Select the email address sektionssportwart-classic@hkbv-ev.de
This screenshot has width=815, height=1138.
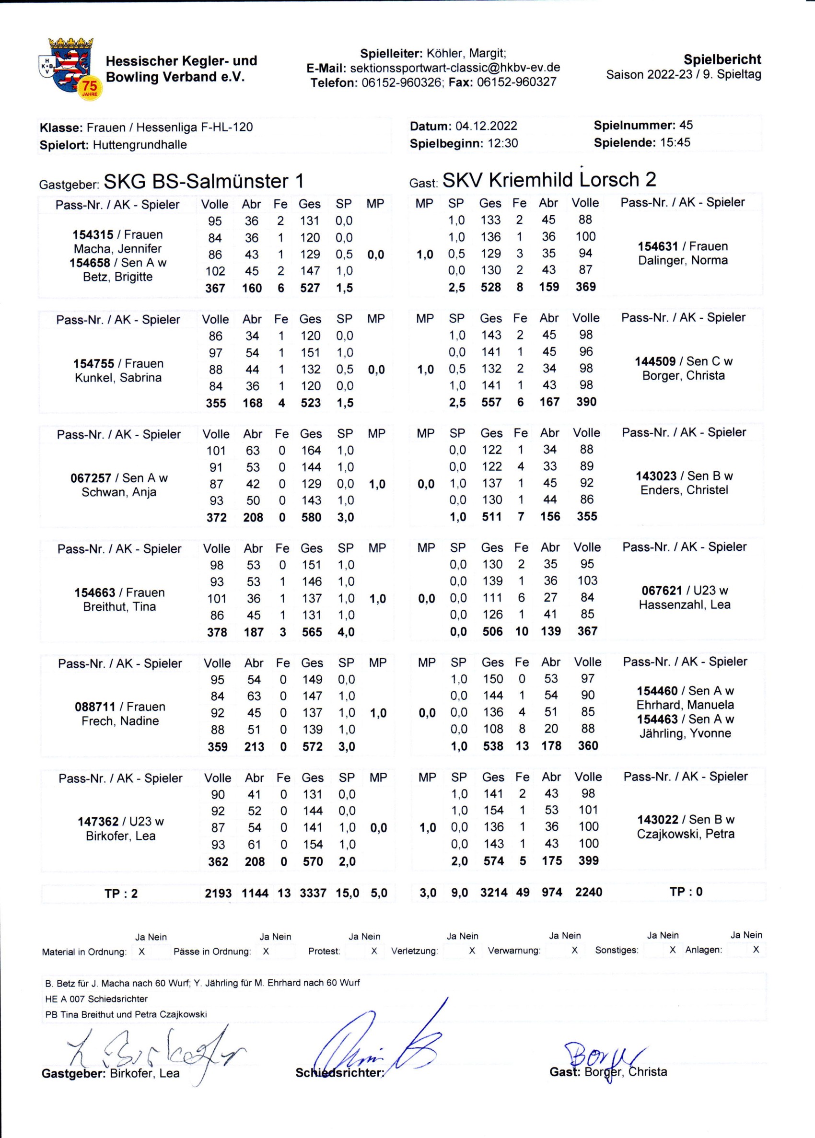[454, 68]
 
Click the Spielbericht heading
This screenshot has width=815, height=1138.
[722, 59]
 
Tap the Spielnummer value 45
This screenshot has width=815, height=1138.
[686, 125]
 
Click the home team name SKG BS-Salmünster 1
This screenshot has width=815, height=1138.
[203, 181]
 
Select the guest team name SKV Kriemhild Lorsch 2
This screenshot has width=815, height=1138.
[549, 180]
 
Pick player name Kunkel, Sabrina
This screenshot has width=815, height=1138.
[118, 377]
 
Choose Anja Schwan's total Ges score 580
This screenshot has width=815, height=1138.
[311, 517]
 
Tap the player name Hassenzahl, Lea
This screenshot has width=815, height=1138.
[685, 604]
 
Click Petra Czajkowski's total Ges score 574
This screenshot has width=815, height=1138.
[493, 861]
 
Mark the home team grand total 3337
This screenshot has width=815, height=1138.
[313, 893]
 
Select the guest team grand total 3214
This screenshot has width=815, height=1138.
[494, 892]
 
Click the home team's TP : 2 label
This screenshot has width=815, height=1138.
[120, 893]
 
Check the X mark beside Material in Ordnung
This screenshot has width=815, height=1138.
[141, 952]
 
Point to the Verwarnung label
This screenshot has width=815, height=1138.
[514, 951]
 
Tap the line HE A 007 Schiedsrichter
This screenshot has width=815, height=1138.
[96, 999]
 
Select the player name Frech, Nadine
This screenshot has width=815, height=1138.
[120, 721]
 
